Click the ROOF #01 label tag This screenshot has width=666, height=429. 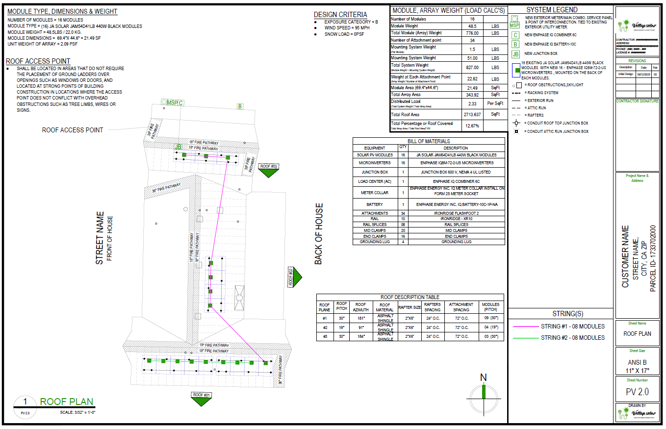click(x=201, y=395)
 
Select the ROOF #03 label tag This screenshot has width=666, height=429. click(x=269, y=167)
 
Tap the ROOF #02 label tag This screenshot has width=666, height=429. click(x=290, y=277)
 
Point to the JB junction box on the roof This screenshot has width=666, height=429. click(x=178, y=147)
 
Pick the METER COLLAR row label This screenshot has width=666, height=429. click(x=374, y=193)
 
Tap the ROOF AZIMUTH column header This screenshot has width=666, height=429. click(x=360, y=307)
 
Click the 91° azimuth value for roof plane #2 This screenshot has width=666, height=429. click(x=360, y=327)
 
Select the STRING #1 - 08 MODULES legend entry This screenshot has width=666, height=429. click(x=572, y=327)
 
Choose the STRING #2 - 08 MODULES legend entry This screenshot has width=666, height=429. click(x=572, y=338)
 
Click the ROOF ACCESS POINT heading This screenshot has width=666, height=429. click(x=38, y=61)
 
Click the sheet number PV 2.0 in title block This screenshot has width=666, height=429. click(x=637, y=392)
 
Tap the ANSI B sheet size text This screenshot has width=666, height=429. click(x=637, y=362)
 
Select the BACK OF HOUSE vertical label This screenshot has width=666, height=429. click(x=319, y=234)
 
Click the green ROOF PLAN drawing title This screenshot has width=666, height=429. click(x=66, y=402)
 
